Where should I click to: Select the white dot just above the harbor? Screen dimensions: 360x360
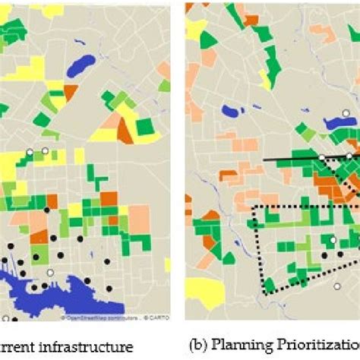51,272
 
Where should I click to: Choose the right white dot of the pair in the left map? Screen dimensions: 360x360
45,151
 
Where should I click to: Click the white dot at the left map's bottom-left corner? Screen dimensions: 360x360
6,317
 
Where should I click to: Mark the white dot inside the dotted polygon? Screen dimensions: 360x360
332,240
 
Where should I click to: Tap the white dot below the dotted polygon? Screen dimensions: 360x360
337,286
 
